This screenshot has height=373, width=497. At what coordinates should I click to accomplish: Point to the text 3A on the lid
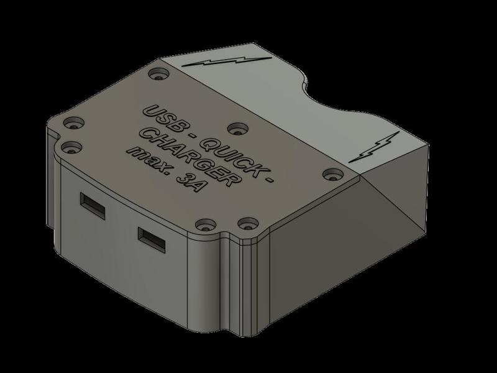tap(188, 183)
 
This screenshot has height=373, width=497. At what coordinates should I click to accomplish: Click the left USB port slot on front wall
tap(93, 203)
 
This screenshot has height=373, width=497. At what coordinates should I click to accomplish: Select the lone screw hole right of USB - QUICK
tap(235, 129)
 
